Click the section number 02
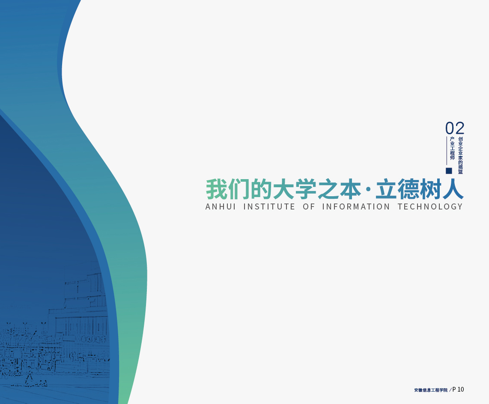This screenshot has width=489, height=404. tap(455, 128)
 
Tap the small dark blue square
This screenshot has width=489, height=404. tap(449, 171)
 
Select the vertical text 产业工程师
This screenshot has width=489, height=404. tap(452, 148)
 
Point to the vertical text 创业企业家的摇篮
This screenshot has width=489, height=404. tap(461, 155)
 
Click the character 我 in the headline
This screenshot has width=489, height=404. tap(216, 189)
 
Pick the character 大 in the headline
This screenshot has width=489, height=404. tap(284, 189)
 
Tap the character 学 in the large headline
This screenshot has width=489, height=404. tap(306, 189)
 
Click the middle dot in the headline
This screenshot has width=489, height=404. tap(368, 189)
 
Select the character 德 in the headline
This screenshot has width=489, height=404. tap(408, 189)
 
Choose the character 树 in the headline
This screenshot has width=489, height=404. tap(430, 189)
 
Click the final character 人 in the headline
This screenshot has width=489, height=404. tap(453, 189)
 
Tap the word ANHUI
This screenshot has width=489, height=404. tap(221, 206)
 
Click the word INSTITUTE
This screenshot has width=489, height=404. tap(269, 206)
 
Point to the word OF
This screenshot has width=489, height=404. tap(309, 206)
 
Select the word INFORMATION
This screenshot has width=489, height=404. tap(356, 206)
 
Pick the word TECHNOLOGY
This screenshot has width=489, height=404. tap(430, 206)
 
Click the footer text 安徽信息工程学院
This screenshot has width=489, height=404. tap(431, 390)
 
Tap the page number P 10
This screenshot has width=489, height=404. tap(458, 389)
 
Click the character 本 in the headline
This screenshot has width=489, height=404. tap(351, 189)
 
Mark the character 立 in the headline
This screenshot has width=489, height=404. tap(385, 189)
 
